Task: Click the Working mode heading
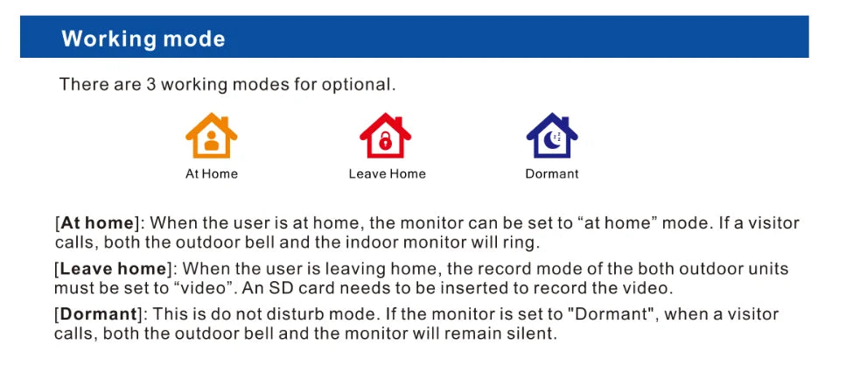point(143,39)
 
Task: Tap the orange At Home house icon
point(212,136)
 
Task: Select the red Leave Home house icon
point(385,136)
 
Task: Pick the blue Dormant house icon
point(552,136)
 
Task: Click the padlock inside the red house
point(385,141)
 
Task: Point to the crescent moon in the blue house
point(551,140)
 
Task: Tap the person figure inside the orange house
point(212,141)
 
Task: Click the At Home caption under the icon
point(212,174)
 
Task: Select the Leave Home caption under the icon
point(387,174)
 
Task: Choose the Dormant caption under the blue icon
point(552,174)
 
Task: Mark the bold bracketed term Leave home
point(113,268)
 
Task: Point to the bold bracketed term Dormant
point(98,313)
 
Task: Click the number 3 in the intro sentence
point(151,85)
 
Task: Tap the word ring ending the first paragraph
point(520,243)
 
